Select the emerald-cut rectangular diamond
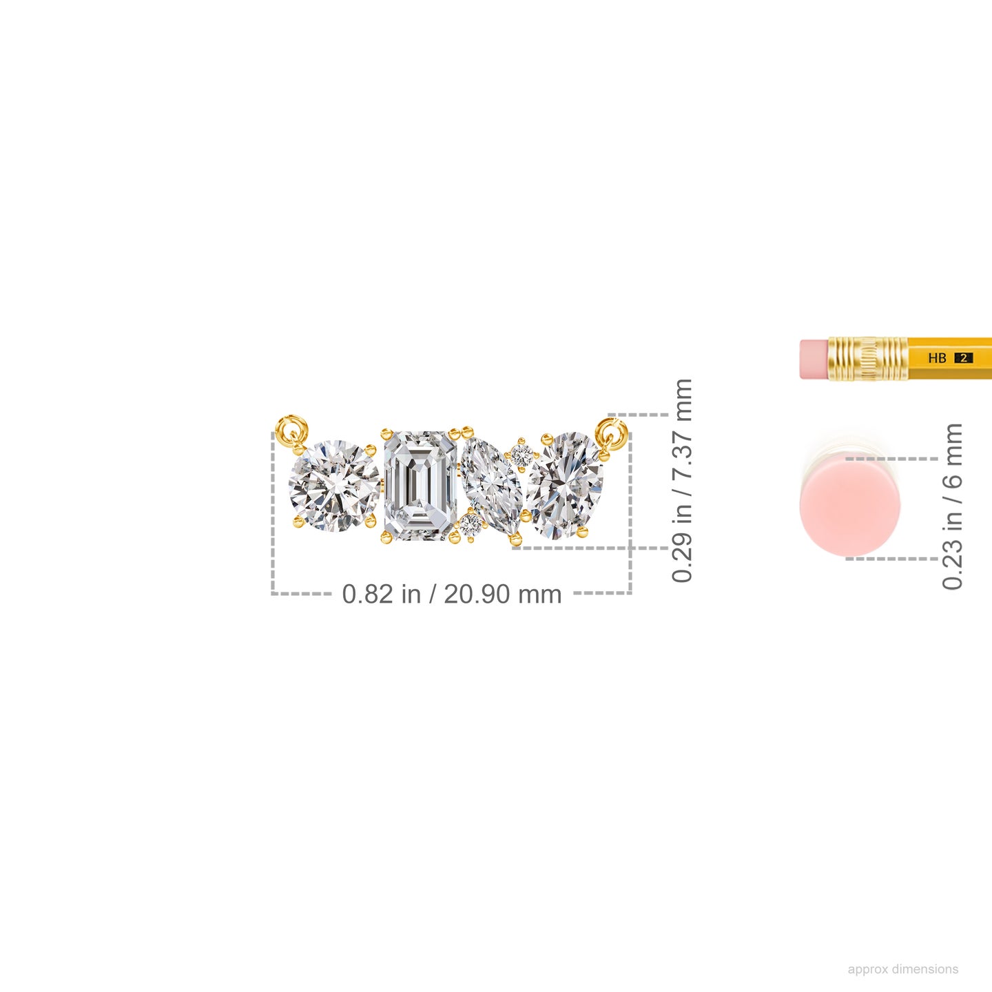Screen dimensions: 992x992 [x=421, y=486]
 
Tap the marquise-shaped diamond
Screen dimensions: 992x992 [x=491, y=486]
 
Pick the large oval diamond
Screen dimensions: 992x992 [x=565, y=486]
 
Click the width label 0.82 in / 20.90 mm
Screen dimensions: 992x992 [x=451, y=594]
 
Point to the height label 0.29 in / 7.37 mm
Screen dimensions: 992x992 [x=681, y=480]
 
